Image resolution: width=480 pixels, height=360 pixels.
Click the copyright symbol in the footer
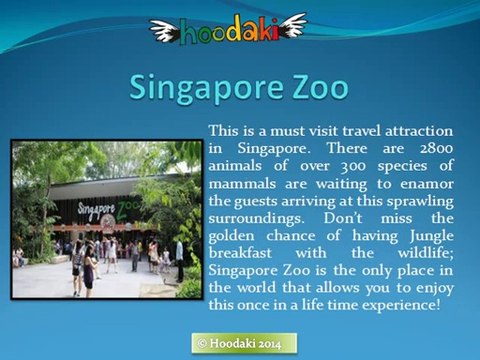[x=202, y=342]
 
